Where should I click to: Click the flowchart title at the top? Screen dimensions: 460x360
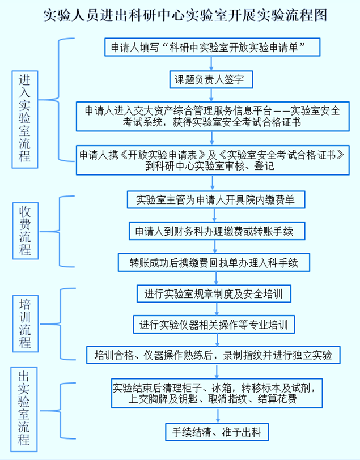pyautogui.click(x=185, y=14)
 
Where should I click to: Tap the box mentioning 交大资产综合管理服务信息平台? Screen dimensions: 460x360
pyautogui.click(x=213, y=116)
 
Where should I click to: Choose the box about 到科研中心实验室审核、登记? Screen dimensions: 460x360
pyautogui.click(x=211, y=160)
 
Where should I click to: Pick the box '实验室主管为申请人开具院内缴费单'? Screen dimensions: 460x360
pyautogui.click(x=213, y=199)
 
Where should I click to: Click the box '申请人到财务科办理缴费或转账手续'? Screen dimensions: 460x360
pyautogui.click(x=213, y=231)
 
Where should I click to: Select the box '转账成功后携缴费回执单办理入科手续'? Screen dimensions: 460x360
pyautogui.click(x=213, y=262)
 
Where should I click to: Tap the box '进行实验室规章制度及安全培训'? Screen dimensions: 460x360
pyautogui.click(x=213, y=293)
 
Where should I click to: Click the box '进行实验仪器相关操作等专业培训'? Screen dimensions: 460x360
pyautogui.click(x=213, y=325)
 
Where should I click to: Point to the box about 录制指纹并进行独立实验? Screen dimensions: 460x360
pyautogui.click(x=213, y=355)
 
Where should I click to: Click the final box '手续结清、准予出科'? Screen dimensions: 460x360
pyautogui.click(x=213, y=432)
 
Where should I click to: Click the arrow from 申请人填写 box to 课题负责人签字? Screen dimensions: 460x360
pyautogui.click(x=213, y=63)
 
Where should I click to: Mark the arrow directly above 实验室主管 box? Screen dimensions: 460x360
pyautogui.click(x=213, y=182)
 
